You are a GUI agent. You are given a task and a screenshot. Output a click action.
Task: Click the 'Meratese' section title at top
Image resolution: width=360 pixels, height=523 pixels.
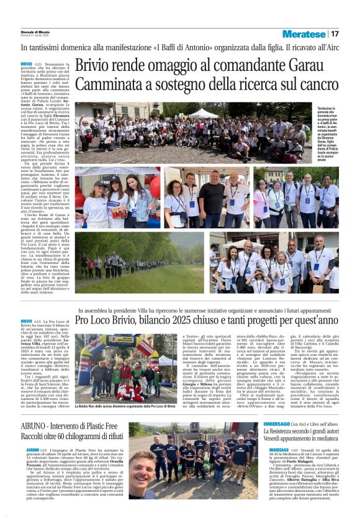pos(304,34)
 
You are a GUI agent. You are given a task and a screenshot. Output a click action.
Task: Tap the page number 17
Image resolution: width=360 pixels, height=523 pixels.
pos(335,34)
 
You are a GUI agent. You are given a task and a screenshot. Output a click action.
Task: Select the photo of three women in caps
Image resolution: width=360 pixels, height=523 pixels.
pos(118,197)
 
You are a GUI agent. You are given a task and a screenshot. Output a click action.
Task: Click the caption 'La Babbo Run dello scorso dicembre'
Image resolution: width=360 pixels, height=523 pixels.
pos(118,406)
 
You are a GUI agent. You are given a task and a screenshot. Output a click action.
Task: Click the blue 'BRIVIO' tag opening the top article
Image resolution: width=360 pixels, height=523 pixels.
pos(27,64)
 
